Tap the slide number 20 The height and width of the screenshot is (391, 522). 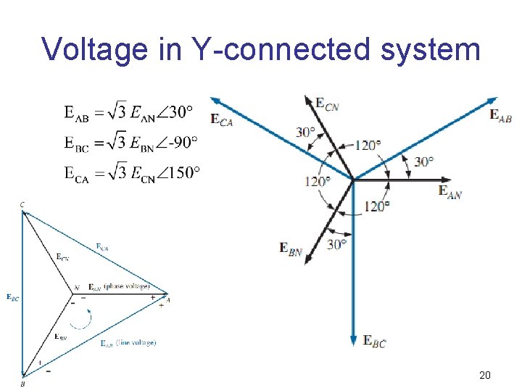click(x=485, y=375)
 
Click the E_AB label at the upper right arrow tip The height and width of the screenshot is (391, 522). click(x=501, y=115)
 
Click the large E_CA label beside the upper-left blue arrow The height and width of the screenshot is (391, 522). click(x=222, y=120)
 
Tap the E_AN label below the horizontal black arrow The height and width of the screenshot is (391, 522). click(x=450, y=192)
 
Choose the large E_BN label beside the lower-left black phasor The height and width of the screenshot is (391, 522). click(x=291, y=248)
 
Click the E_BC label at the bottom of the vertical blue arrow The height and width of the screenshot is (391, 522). click(x=374, y=341)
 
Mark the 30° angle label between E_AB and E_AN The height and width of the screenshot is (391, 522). click(x=424, y=161)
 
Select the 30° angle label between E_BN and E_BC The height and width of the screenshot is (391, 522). click(x=337, y=245)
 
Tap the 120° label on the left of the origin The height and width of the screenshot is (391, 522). click(x=317, y=181)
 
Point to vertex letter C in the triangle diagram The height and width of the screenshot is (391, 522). click(x=22, y=206)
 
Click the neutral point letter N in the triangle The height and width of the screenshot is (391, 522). click(x=77, y=288)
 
